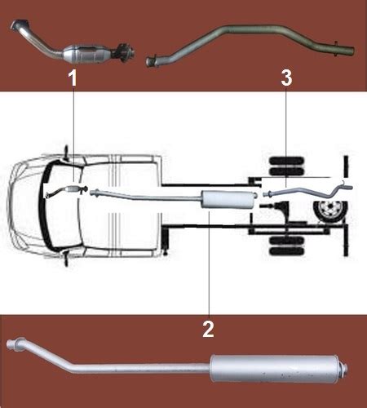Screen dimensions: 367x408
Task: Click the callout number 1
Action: click(73, 78)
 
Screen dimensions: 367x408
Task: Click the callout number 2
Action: click(208, 330)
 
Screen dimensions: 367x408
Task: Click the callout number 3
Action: click(286, 78)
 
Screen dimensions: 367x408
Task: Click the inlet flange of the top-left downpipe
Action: click(20, 24)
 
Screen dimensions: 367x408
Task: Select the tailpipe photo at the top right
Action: click(250, 45)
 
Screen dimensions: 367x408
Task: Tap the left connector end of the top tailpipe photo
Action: click(151, 61)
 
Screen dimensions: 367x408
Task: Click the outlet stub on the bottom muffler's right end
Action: click(345, 369)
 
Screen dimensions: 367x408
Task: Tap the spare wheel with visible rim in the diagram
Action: click(329, 211)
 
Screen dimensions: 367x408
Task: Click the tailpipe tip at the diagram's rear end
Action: click(348, 188)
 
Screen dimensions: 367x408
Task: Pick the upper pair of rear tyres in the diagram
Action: click(286, 166)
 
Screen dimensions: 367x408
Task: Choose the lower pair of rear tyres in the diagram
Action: click(286, 246)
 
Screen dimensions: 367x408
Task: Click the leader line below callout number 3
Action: click(286, 137)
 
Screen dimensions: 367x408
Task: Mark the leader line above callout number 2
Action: click(209, 263)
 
